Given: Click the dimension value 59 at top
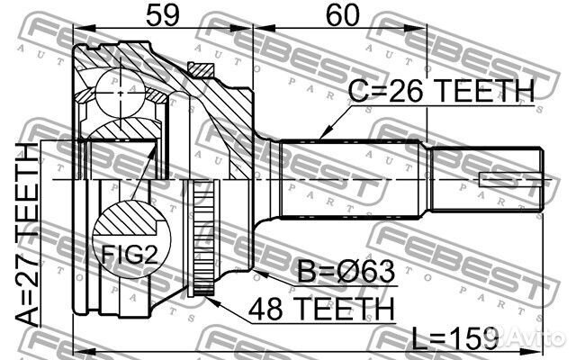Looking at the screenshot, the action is point(163,15).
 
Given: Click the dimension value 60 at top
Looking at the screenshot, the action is point(343,15).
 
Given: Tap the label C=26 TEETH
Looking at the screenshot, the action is point(441,91).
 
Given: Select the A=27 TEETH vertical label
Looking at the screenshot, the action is point(28,234).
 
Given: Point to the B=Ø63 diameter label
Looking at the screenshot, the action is point(346,272).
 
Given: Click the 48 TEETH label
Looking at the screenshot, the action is point(321,309).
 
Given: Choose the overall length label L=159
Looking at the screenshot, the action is point(455,338).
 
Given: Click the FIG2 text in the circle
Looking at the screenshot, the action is point(130,255).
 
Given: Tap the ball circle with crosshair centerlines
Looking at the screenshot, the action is point(120,94).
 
